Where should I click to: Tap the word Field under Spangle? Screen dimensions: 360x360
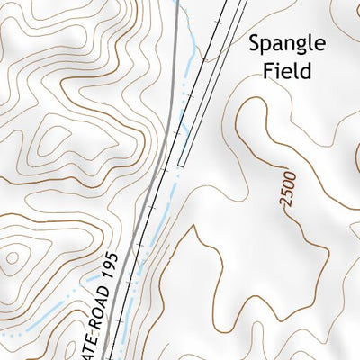(286, 70)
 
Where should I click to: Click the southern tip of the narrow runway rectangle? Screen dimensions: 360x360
(181, 165)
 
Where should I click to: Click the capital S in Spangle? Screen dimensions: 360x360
(255, 42)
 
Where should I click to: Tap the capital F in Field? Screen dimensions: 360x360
(267, 70)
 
